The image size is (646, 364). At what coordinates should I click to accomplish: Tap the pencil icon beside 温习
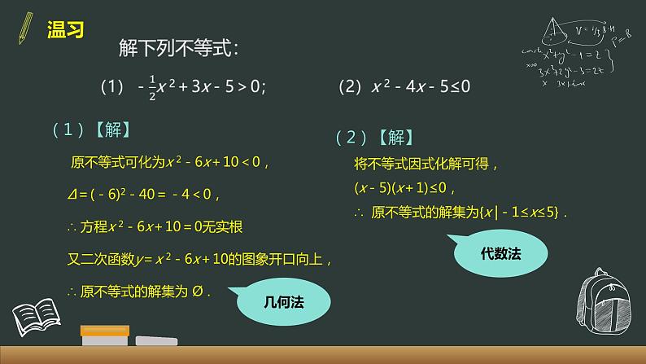(x=25, y=29)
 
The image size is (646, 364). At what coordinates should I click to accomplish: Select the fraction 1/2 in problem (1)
(x=152, y=87)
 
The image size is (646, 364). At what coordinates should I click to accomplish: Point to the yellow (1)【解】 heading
(x=90, y=129)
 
